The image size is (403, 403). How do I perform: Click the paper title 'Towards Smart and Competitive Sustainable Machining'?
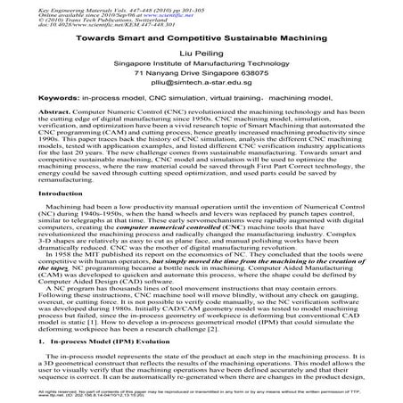201,39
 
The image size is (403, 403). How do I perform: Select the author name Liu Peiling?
201,54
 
